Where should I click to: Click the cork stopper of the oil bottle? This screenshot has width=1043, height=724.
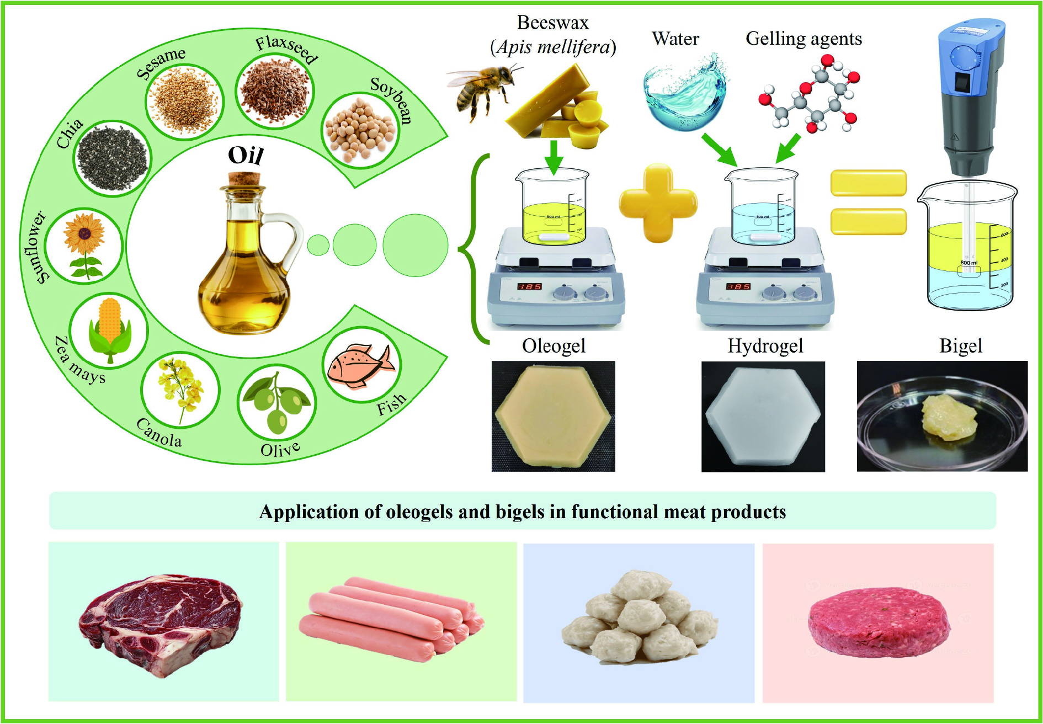click(244, 180)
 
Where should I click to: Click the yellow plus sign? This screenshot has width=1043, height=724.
click(658, 203)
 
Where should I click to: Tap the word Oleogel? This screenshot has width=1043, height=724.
click(554, 346)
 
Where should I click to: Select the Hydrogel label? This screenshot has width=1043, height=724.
click(765, 346)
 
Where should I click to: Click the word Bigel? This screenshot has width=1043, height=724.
click(961, 346)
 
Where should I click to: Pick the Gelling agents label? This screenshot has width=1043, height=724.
click(803, 39)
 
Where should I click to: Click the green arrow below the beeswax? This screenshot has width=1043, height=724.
click(554, 157)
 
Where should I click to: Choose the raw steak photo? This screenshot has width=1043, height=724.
click(161, 621)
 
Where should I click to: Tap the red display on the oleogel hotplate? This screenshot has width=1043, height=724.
click(529, 286)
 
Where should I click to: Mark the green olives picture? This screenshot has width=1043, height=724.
click(277, 403)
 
